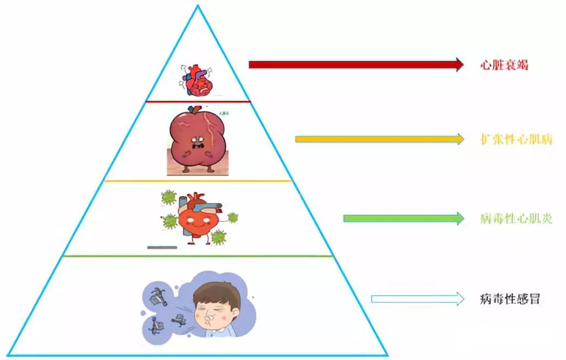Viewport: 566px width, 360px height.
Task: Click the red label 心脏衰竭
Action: pos(504,65)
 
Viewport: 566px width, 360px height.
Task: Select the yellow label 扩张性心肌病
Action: pos(515,139)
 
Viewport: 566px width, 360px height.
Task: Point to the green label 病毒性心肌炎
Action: pos(515,219)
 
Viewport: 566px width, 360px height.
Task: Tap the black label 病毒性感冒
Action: pos(509,299)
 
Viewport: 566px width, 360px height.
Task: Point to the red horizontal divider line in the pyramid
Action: pos(198,102)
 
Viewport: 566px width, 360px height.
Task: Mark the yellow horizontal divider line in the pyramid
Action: pos(198,181)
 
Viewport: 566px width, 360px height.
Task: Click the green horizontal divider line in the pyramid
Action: pos(198,256)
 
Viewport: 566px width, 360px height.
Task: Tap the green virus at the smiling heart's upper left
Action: pos(168,197)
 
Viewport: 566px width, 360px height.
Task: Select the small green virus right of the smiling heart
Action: pos(232,218)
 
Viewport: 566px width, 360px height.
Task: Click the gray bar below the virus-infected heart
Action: pos(162,247)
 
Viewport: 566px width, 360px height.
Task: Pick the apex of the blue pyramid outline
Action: pos(198,6)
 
